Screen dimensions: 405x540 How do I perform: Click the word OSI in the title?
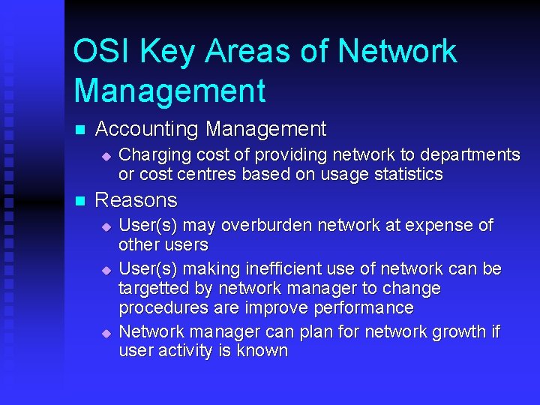click(x=97, y=52)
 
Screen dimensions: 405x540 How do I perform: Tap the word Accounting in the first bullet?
click(x=148, y=130)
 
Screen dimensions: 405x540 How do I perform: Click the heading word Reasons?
click(x=136, y=201)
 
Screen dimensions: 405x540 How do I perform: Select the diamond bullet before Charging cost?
click(x=106, y=156)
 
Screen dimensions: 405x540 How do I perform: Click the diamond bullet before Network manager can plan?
click(x=106, y=333)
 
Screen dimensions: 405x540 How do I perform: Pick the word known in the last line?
click(x=262, y=352)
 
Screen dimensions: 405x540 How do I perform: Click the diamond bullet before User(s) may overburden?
click(x=106, y=226)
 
